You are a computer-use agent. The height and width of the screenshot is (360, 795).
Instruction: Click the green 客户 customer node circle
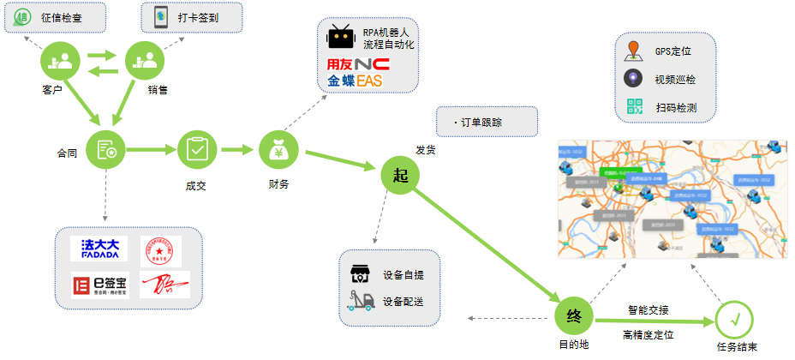pyautogui.click(x=61, y=60)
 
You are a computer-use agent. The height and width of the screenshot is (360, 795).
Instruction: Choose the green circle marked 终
pyautogui.click(x=574, y=316)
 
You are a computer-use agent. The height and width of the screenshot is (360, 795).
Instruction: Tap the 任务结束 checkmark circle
pyautogui.click(x=736, y=320)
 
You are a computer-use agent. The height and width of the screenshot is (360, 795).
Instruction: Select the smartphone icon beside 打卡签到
pyautogui.click(x=160, y=16)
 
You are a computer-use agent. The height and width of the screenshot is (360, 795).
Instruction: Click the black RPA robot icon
pyautogui.click(x=342, y=38)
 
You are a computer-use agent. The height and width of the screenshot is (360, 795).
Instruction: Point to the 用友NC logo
pyautogui.click(x=358, y=64)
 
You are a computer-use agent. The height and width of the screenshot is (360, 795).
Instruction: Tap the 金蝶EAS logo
pyautogui.click(x=355, y=81)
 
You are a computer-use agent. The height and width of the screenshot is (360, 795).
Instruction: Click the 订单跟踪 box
pyautogui.click(x=487, y=122)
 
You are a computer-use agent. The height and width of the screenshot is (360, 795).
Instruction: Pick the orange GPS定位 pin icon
pyautogui.click(x=633, y=51)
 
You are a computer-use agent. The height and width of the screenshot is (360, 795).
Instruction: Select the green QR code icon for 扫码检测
pyautogui.click(x=634, y=107)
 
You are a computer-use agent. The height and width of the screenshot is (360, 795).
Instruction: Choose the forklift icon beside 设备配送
pyautogui.click(x=360, y=300)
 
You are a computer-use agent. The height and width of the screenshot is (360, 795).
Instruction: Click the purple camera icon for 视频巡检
pyautogui.click(x=633, y=79)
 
